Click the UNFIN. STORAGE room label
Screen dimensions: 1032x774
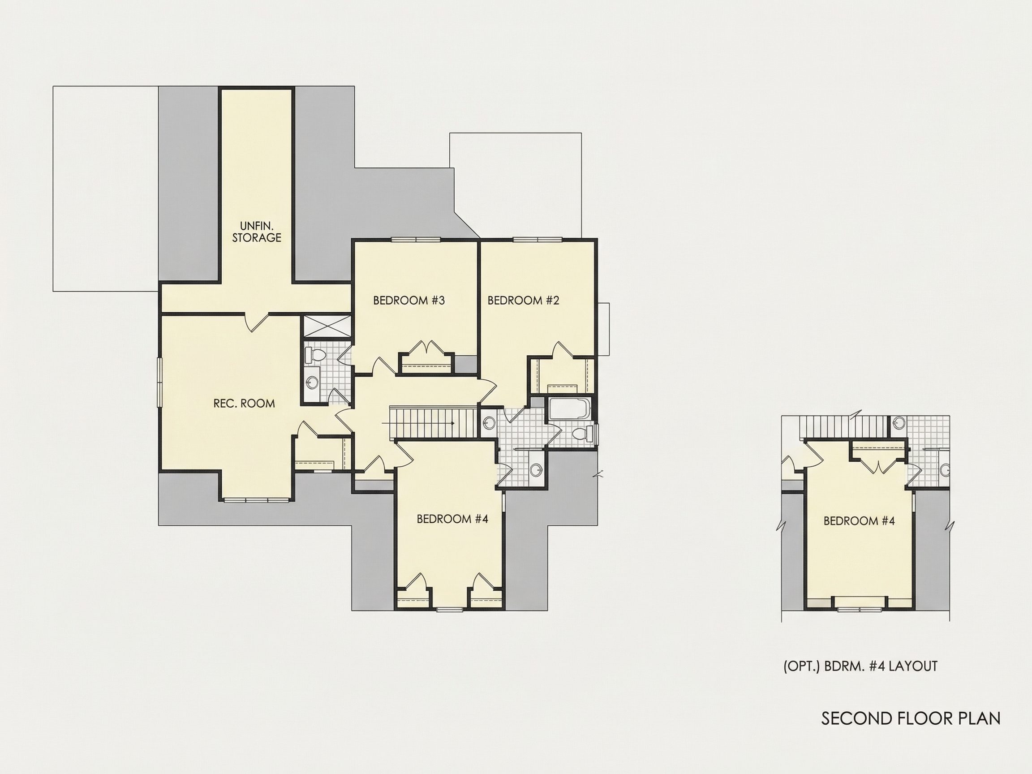pos(257,232)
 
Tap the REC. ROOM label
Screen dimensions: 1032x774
pos(244,404)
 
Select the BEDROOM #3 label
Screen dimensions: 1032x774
pos(408,301)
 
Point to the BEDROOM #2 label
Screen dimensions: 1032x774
pos(523,301)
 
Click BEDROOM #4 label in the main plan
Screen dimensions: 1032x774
pos(452,519)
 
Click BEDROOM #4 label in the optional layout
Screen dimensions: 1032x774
pos(859,520)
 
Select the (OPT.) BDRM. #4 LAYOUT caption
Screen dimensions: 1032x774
pos(860,666)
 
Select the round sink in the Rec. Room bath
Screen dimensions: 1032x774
pos(311,383)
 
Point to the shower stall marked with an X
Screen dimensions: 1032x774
pos(326,326)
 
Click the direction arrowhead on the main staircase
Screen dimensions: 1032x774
pos(452,424)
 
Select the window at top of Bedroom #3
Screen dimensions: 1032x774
pos(416,241)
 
